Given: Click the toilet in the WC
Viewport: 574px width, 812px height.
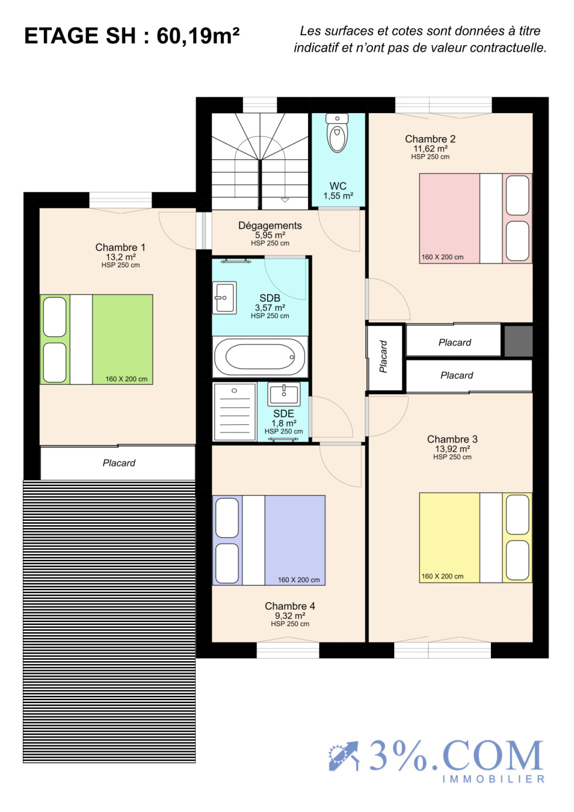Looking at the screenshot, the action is (x=337, y=132).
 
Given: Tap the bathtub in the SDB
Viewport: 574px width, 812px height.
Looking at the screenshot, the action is (x=260, y=356).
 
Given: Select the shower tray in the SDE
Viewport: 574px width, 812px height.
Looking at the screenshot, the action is (x=234, y=411).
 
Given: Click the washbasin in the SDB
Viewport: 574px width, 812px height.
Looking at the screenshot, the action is (x=224, y=298).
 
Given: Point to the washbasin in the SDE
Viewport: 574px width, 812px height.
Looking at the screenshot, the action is (x=283, y=394).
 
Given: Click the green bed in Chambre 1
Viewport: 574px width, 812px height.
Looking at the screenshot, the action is (x=97, y=339).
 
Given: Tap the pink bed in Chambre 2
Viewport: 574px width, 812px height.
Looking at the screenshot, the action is (x=476, y=218).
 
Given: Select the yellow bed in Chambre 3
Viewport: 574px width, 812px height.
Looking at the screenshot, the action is (x=476, y=538).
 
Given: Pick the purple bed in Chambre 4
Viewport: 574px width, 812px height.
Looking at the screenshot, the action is (x=268, y=540).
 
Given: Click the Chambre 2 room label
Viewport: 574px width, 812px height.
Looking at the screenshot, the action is (x=430, y=139).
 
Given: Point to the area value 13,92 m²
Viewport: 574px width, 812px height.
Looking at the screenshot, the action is (x=453, y=449).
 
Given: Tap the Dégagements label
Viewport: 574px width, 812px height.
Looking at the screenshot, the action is (x=270, y=226).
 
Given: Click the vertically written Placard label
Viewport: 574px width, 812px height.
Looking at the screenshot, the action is (x=384, y=357).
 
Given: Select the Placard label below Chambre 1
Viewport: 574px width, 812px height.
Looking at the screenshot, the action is (x=119, y=463).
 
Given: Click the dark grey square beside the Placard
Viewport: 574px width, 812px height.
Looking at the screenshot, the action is (x=518, y=341).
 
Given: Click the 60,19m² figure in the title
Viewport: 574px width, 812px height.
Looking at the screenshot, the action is (x=198, y=36).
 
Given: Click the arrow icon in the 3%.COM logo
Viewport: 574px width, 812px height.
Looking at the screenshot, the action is (x=344, y=756).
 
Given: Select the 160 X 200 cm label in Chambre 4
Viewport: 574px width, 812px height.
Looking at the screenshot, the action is (x=299, y=580).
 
